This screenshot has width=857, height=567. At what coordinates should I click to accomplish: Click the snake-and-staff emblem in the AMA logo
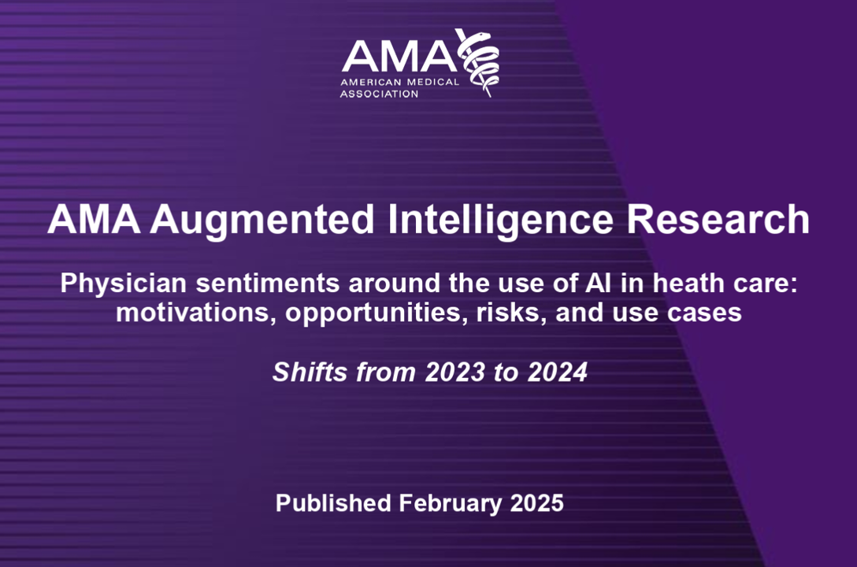click(x=477, y=62)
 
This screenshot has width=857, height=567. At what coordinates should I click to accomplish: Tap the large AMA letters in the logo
click(x=399, y=56)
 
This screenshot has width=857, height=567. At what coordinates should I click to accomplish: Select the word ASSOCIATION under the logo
click(x=379, y=94)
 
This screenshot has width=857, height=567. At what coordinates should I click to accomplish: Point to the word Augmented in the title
click(x=262, y=220)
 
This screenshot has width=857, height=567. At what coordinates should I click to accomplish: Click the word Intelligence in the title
click(x=501, y=220)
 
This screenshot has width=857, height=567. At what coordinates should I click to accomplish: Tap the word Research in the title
click(x=718, y=220)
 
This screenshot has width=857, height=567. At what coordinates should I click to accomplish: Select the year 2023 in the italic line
click(x=454, y=372)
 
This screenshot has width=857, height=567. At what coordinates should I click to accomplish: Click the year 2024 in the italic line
click(x=557, y=372)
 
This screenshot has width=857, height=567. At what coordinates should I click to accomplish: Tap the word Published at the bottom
click(x=333, y=502)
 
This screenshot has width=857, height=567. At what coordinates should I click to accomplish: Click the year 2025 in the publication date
click(x=536, y=503)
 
